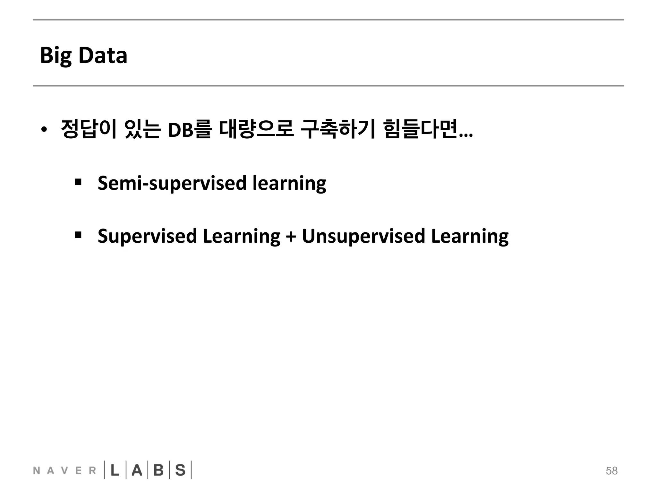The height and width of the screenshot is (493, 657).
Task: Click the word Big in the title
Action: tap(56, 56)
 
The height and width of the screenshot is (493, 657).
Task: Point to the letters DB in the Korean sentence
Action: tap(180, 130)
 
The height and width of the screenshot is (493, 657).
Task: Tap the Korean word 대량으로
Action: tap(256, 129)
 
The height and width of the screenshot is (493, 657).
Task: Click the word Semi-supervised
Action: tap(172, 183)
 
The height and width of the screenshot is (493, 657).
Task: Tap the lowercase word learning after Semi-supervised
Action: tap(289, 183)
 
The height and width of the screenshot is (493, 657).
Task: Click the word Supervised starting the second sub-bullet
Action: tap(147, 236)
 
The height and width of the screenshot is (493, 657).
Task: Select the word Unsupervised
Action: tap(363, 236)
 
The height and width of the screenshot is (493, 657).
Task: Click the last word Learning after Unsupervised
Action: tap(470, 236)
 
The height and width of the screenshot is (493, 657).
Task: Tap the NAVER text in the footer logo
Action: tap(64, 471)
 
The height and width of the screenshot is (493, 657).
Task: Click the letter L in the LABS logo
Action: tap(115, 471)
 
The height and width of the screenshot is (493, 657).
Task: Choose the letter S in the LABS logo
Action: tap(180, 471)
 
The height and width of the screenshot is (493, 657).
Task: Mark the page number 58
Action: tap(611, 471)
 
